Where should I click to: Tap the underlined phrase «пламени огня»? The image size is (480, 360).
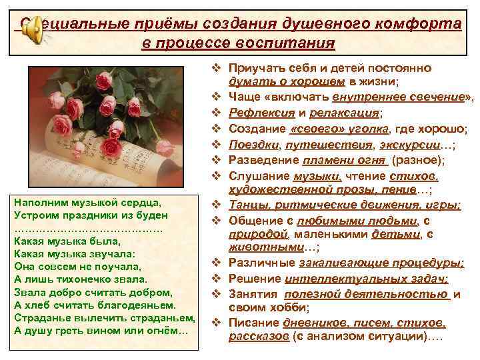[x=345, y=160]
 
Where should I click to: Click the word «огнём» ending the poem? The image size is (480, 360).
[x=169, y=331]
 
